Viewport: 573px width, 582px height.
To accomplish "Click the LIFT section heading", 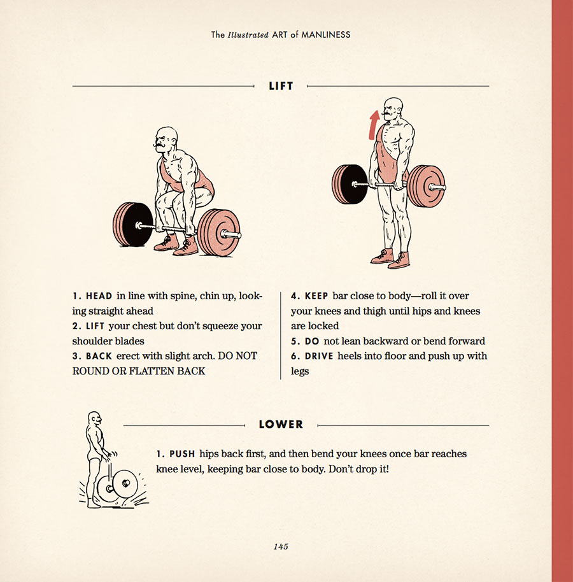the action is tap(281, 86).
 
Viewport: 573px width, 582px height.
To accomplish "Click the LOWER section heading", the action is tap(281, 424).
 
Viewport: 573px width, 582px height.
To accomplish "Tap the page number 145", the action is tap(281, 546).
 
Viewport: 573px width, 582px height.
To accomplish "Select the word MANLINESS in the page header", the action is tap(325, 35).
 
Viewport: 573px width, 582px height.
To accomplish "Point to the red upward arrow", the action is tap(374, 125).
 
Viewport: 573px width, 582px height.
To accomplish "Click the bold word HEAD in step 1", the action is tap(99, 296).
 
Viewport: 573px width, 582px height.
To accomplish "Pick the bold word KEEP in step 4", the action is tap(316, 296).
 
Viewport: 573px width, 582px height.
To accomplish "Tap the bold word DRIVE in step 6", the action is tap(319, 357).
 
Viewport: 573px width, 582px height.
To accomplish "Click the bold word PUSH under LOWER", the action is tap(182, 454).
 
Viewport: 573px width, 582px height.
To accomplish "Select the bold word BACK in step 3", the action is tap(99, 357).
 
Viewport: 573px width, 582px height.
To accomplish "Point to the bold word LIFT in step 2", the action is tap(95, 326).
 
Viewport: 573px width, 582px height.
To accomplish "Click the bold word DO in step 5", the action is tap(312, 341).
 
